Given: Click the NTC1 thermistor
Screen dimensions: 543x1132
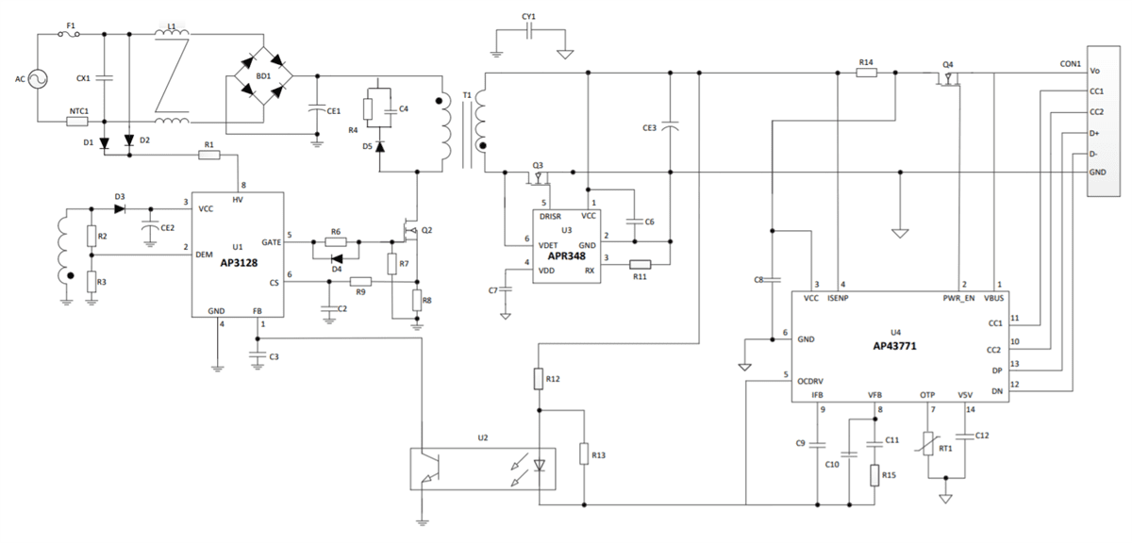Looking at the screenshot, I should tap(78, 122).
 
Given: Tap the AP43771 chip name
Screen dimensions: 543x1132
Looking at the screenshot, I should tap(895, 346).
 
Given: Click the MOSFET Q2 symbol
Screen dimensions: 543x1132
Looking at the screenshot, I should tap(411, 229).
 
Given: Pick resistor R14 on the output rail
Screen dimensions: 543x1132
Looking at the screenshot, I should tap(866, 72).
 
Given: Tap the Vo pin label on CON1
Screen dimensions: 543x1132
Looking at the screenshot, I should tap(1094, 71).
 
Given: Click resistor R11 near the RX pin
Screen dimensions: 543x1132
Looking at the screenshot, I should tap(641, 265).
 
